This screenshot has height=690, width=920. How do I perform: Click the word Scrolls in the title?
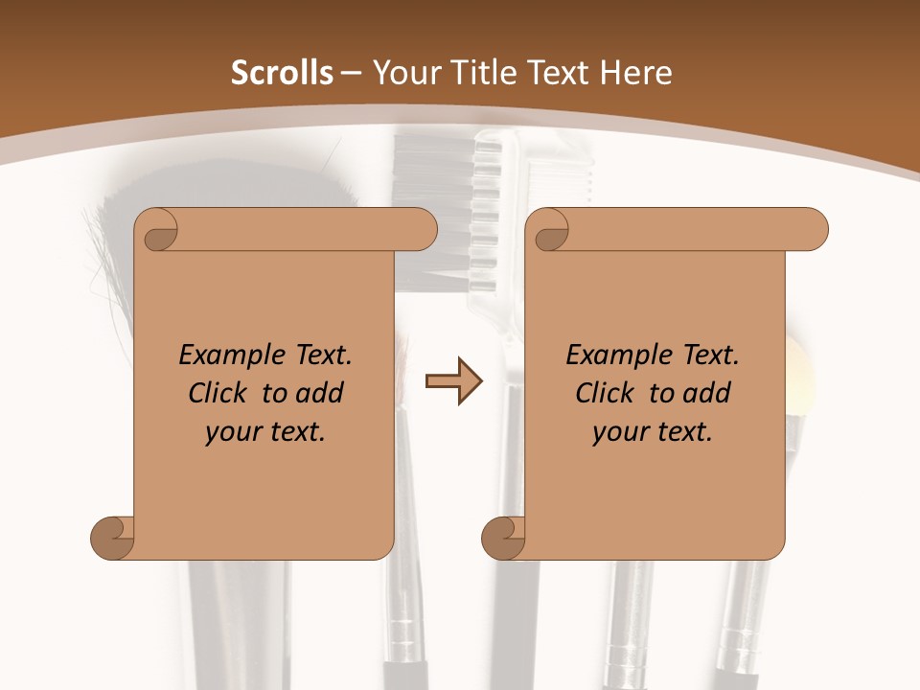tap(282, 72)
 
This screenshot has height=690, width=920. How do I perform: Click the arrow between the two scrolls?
tap(453, 381)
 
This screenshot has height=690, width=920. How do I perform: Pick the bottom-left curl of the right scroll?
tap(503, 537)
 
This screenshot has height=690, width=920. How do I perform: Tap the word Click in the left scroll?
tap(219, 393)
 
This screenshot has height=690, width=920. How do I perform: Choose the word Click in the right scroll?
tap(606, 393)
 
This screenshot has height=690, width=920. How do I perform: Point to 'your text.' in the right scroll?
tap(653, 432)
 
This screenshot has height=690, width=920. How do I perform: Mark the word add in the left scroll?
tap(320, 393)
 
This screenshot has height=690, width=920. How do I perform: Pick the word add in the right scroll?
tap(707, 393)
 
